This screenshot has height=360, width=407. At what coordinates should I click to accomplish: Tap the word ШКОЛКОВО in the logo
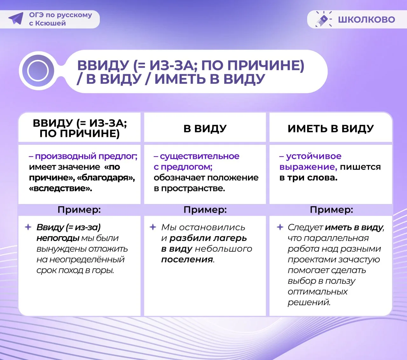click(366, 19)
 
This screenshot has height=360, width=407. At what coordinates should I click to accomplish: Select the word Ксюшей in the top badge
click(51, 23)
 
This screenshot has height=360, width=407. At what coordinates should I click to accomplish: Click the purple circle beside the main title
click(38, 71)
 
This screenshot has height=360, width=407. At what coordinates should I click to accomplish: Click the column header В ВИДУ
click(205, 129)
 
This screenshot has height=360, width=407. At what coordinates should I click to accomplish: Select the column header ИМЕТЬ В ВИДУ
click(331, 129)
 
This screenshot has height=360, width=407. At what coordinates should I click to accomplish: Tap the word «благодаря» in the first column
click(106, 178)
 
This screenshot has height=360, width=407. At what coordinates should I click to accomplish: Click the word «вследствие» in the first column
click(60, 188)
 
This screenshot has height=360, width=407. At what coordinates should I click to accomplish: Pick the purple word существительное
click(199, 156)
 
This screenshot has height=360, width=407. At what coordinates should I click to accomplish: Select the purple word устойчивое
click(314, 156)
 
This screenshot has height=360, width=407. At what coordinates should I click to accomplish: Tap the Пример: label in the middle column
click(205, 210)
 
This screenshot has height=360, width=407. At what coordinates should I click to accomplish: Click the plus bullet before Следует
click(280, 227)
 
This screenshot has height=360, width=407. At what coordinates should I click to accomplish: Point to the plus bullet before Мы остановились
click(153, 227)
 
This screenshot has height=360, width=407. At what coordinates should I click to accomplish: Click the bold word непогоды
click(58, 238)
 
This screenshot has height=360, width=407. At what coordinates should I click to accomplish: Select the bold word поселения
click(187, 260)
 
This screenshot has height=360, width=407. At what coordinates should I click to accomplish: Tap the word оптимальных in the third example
click(318, 292)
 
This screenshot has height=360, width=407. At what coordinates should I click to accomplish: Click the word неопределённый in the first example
click(80, 260)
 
